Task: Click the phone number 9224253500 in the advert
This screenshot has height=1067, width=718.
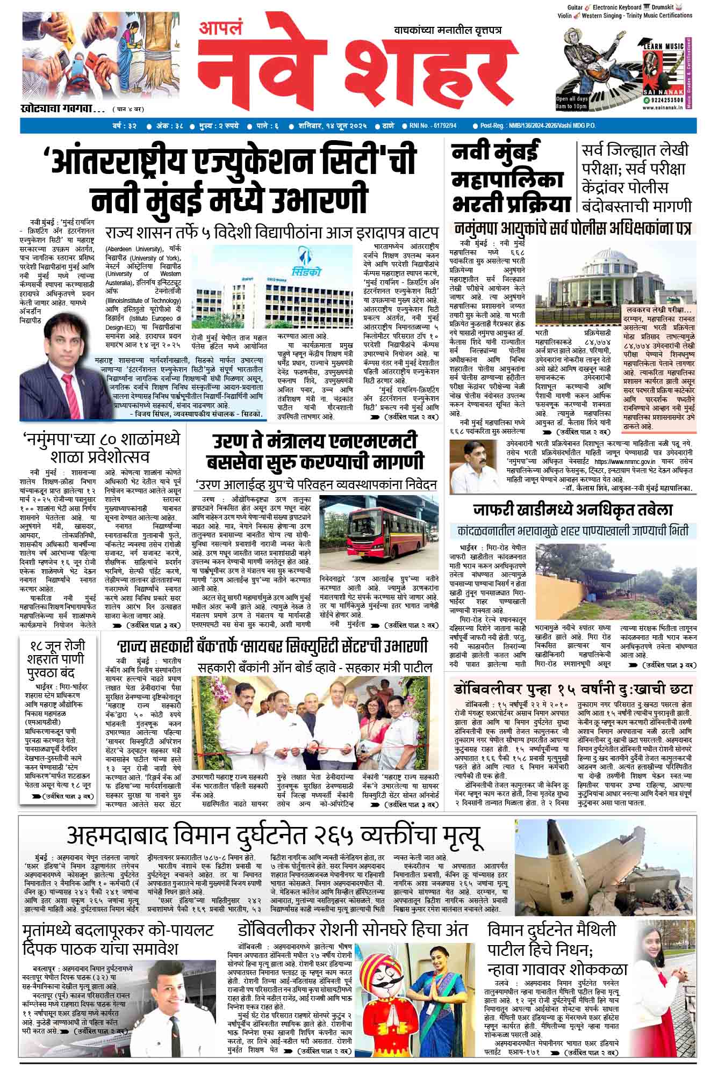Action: (665, 100)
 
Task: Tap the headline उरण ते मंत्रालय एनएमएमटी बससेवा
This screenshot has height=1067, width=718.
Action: (317, 451)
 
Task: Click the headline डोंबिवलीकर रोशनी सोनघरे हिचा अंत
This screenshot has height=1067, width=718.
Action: (353, 930)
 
